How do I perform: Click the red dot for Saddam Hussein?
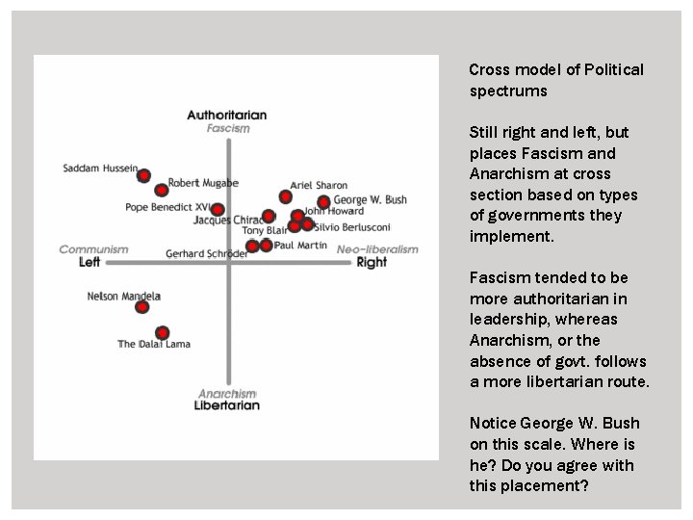point(143,175)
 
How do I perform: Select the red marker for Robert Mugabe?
point(162,190)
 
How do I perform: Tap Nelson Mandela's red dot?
point(142,307)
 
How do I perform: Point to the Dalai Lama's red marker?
point(163,332)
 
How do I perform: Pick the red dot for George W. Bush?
point(323,202)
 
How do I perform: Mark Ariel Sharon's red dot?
point(286,196)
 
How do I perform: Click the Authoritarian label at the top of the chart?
point(227,116)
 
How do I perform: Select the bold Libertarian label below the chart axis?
point(227,405)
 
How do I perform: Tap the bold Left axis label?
point(90,262)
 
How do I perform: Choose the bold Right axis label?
point(372,262)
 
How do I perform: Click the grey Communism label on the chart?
point(93,249)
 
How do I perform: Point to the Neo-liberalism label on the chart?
point(377,249)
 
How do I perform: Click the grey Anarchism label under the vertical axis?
point(227,393)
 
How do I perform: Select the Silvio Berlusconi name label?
point(351,226)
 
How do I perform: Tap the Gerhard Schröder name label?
point(206,254)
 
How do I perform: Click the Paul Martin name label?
point(301,246)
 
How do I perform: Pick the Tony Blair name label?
point(265,231)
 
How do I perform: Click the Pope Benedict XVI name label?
point(167,207)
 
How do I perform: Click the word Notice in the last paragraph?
point(492,424)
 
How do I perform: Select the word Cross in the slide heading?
point(488,69)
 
